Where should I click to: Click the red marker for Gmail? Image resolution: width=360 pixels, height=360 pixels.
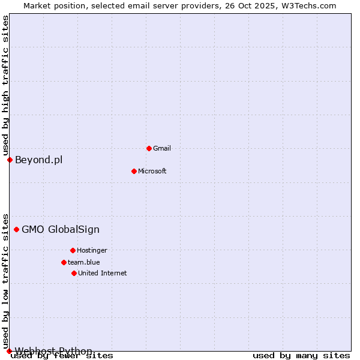(149, 148)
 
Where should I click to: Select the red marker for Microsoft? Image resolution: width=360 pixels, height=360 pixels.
(134, 171)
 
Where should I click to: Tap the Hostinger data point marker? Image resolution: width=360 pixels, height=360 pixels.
(73, 250)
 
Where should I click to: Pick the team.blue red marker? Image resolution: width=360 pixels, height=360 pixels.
(64, 262)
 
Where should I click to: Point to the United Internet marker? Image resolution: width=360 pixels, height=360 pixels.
(74, 273)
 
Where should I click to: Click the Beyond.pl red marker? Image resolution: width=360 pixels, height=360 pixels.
(10, 160)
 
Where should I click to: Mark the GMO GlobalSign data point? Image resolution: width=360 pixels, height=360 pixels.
(16, 229)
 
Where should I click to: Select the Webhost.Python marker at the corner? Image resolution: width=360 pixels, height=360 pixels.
(9, 351)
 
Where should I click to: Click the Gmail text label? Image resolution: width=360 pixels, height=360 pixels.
(162, 148)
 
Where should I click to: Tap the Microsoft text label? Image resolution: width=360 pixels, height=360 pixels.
(152, 171)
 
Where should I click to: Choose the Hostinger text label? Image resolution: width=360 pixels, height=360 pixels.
(92, 250)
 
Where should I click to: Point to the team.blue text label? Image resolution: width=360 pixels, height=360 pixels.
(84, 262)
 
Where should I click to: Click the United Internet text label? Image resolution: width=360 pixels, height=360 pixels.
(103, 273)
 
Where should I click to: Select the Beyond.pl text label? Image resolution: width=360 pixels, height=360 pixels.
(38, 160)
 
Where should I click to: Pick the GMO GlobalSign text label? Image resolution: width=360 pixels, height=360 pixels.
(61, 229)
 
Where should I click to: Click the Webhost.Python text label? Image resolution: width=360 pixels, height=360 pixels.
(53, 351)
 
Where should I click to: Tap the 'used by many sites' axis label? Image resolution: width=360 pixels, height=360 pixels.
(301, 356)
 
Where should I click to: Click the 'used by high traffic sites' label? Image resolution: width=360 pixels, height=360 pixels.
(6, 85)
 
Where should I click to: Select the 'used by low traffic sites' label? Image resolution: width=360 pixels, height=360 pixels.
(6, 281)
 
